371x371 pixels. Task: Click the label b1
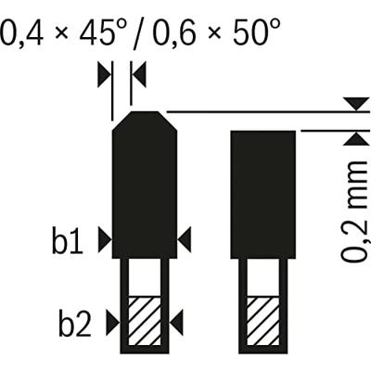tap(68, 239)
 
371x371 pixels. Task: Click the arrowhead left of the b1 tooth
tap(105, 239)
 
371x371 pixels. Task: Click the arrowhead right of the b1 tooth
tap(185, 239)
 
